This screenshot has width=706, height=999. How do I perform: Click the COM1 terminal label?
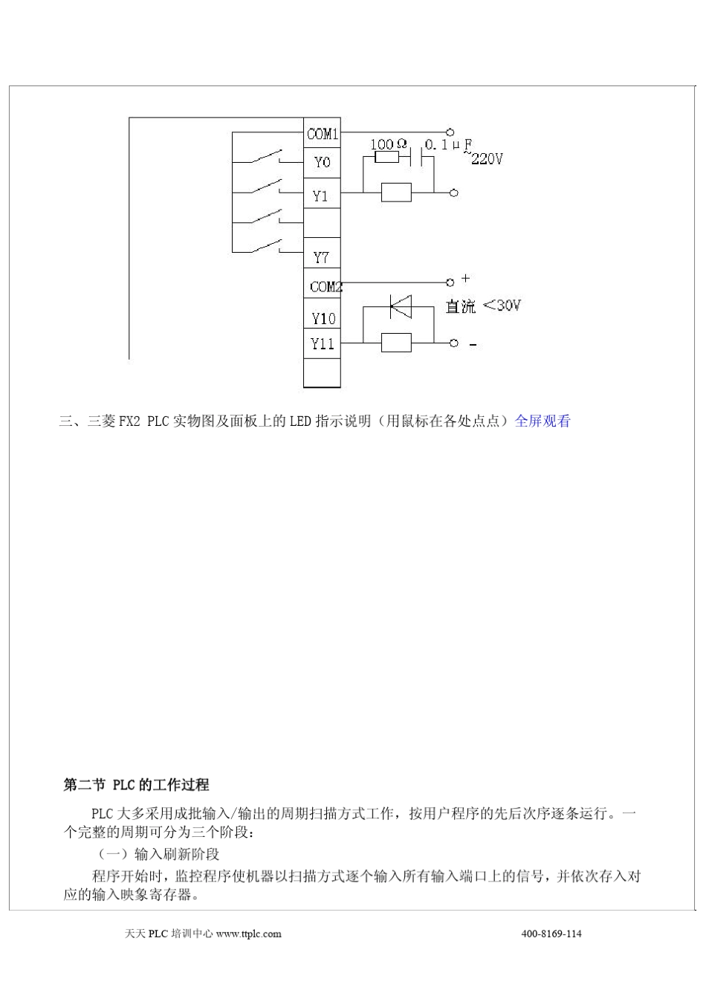323,135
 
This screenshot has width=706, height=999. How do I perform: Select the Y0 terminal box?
323,162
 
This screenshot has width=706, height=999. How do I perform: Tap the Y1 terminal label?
320,196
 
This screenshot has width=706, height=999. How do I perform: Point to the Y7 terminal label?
321,257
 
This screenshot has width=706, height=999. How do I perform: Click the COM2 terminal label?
326,286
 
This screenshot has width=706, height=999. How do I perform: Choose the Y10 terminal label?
323,319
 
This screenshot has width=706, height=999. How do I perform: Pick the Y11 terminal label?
323,343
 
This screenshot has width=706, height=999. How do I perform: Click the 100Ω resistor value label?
389,143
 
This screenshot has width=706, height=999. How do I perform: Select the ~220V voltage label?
485,158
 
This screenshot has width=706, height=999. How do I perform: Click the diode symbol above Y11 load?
401,305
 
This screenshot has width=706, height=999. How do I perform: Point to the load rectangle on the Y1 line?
396,193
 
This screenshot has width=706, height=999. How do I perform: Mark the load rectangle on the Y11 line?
396,343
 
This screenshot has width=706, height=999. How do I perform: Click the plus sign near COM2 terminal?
466,279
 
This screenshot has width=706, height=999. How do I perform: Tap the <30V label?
502,305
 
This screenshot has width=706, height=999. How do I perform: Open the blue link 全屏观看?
543,421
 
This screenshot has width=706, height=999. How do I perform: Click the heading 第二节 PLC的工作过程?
136,785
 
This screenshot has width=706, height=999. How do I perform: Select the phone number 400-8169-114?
551,934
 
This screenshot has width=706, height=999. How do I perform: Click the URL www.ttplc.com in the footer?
248,934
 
